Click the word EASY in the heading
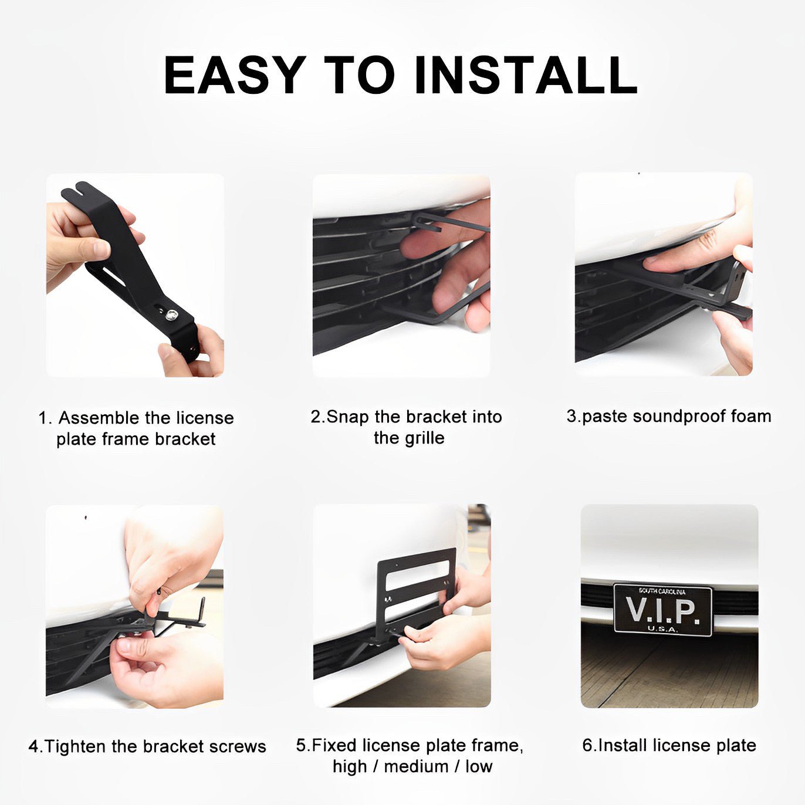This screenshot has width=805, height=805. (x=235, y=75)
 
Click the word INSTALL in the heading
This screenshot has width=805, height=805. (x=526, y=75)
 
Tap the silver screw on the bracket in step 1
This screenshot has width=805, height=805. (x=170, y=314)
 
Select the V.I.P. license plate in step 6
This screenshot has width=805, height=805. (x=662, y=610)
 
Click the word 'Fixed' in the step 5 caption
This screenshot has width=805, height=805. (x=335, y=746)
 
